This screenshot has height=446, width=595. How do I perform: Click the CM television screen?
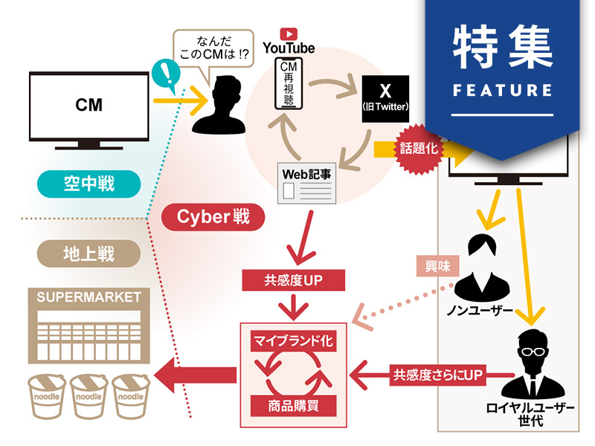[89, 106]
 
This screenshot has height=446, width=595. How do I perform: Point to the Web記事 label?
[304, 172]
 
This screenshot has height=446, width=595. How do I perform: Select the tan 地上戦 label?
[89, 253]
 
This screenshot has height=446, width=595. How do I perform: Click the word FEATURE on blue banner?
[502, 91]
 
